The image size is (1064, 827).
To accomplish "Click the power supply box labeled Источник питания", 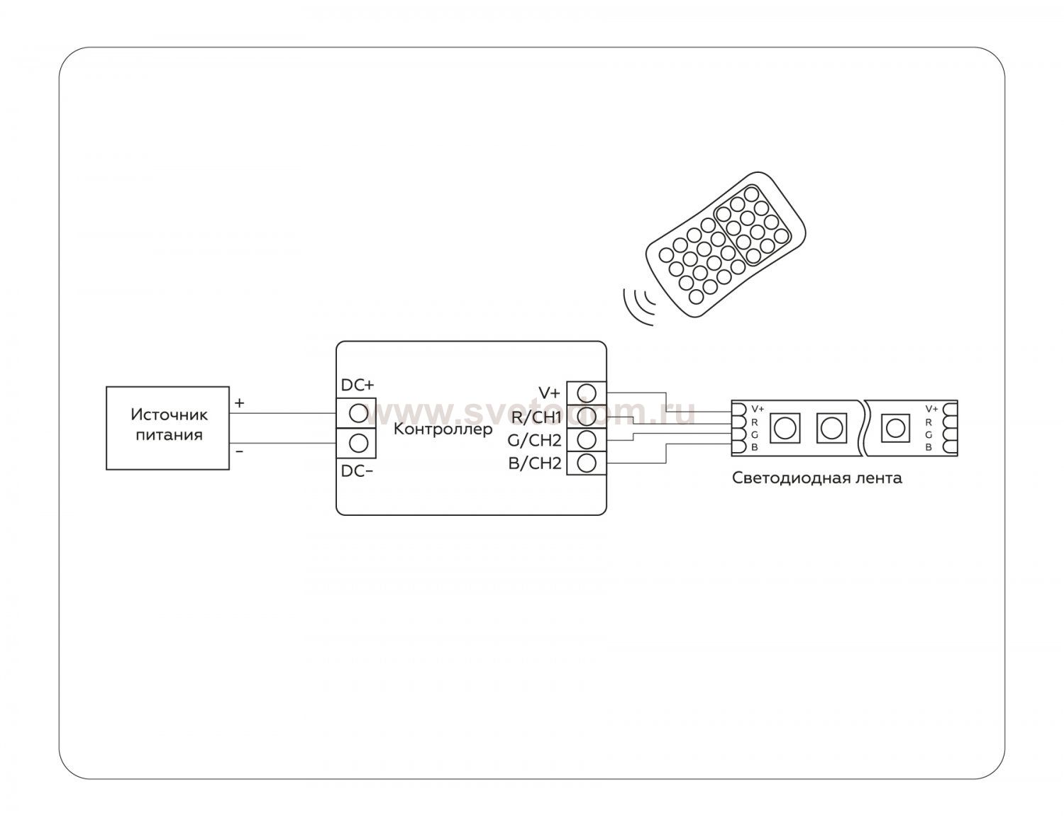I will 167,427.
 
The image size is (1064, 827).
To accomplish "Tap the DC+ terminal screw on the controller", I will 359,413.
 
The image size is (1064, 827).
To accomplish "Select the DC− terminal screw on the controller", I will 359,443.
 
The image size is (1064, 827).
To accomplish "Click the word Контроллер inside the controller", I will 443,429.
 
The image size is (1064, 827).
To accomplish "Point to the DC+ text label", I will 358,385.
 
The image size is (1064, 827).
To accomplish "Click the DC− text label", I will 358,471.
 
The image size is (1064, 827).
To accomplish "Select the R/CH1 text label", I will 536,417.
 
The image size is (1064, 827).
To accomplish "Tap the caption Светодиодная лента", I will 816,478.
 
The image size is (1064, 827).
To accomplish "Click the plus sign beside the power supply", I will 240,403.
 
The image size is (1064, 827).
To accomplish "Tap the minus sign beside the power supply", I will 239,451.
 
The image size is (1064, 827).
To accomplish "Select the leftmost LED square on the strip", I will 784,427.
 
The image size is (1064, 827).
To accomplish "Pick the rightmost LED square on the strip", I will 895,427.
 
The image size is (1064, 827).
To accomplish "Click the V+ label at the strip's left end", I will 758,409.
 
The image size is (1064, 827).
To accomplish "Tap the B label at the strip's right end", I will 928,447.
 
